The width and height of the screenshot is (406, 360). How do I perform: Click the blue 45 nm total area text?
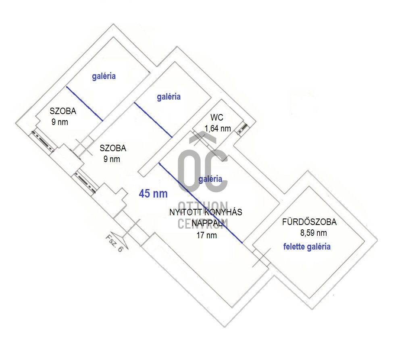coord(153,194)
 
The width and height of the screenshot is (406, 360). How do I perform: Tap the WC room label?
coord(217,118)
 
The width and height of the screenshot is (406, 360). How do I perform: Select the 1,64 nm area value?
coord(218,129)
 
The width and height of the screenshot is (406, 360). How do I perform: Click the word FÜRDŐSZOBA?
coord(309,222)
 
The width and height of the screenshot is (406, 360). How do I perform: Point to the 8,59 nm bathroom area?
coord(313,233)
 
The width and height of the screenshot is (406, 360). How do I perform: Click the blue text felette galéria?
coord(307,246)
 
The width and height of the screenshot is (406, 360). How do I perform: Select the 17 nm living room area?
coord(206,235)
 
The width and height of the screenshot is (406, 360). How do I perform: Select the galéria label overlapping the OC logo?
coord(210,179)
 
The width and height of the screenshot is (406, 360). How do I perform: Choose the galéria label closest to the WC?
coord(169,97)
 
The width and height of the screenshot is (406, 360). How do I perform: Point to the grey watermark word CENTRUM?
coord(203,223)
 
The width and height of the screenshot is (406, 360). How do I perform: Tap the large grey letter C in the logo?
coord(217,171)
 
